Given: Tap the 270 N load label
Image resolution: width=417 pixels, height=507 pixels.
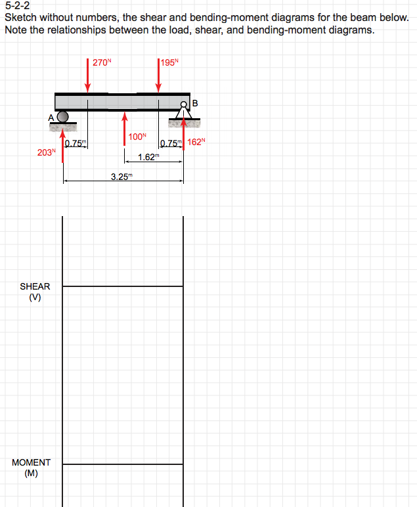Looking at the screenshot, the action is tap(102, 63).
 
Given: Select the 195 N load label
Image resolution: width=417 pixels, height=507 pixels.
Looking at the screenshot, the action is tap(169, 63).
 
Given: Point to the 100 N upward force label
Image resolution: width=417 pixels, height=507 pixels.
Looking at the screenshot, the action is tap(137, 137).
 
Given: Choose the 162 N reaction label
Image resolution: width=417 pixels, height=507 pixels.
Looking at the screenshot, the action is tap(196, 142).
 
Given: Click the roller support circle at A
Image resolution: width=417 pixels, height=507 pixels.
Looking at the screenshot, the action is tap(63, 116).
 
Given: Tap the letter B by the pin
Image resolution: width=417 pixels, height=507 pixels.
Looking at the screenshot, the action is tap(195, 102).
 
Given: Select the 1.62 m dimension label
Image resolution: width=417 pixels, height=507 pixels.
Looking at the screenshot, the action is tap(149, 157).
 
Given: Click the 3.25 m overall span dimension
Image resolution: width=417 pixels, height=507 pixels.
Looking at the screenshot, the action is tap(121, 176).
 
